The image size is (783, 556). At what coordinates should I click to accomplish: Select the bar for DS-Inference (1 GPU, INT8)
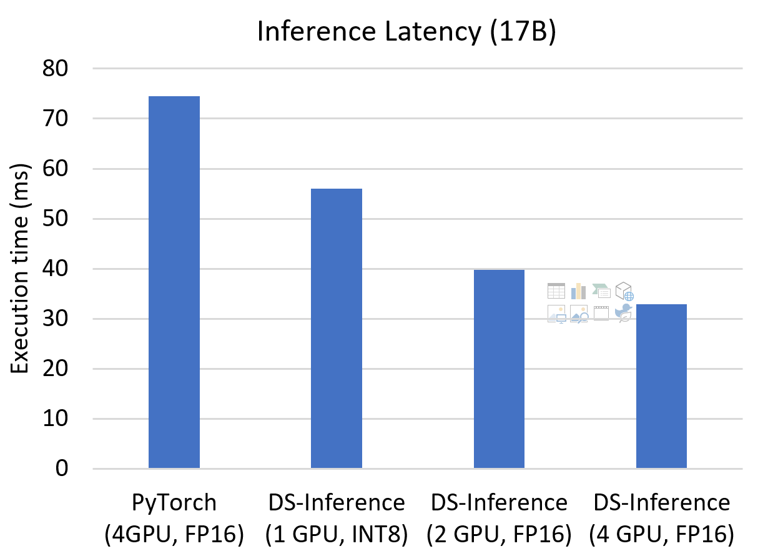pos(337,329)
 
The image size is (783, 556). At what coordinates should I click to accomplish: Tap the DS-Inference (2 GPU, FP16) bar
pos(499,369)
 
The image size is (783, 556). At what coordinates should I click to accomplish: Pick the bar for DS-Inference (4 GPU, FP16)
pos(661,386)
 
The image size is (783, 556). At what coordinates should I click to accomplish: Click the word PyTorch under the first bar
pos(174,502)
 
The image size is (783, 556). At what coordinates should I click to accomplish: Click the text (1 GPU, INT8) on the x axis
pos(337,534)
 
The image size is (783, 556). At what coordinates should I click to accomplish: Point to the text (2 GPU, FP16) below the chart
pos(499,534)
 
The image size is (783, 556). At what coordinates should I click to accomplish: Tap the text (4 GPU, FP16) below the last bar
pos(661,534)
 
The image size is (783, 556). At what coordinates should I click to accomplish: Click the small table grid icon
pos(556,290)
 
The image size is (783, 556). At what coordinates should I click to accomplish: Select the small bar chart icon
pos(578,290)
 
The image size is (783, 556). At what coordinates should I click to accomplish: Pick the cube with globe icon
pos(624,291)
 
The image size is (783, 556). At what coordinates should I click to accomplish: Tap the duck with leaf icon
pos(623,314)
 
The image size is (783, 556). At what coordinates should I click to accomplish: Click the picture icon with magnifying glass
pos(579,314)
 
